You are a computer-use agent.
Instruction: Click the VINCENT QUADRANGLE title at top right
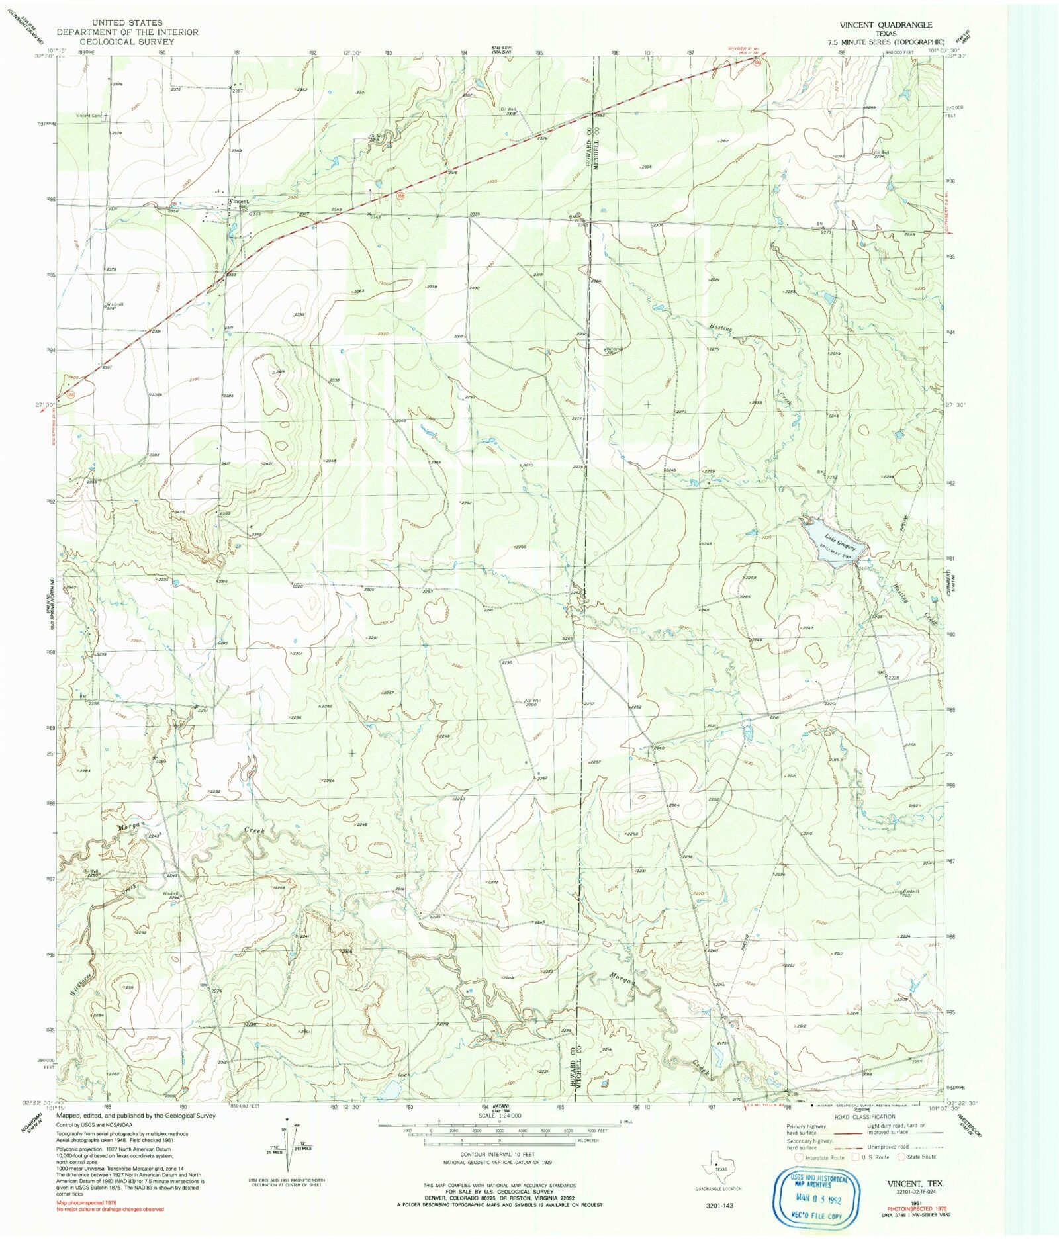pyautogui.click(x=886, y=25)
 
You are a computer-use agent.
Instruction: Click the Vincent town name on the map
pyautogui.click(x=238, y=202)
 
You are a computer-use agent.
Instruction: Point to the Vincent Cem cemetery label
pyautogui.click(x=87, y=116)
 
